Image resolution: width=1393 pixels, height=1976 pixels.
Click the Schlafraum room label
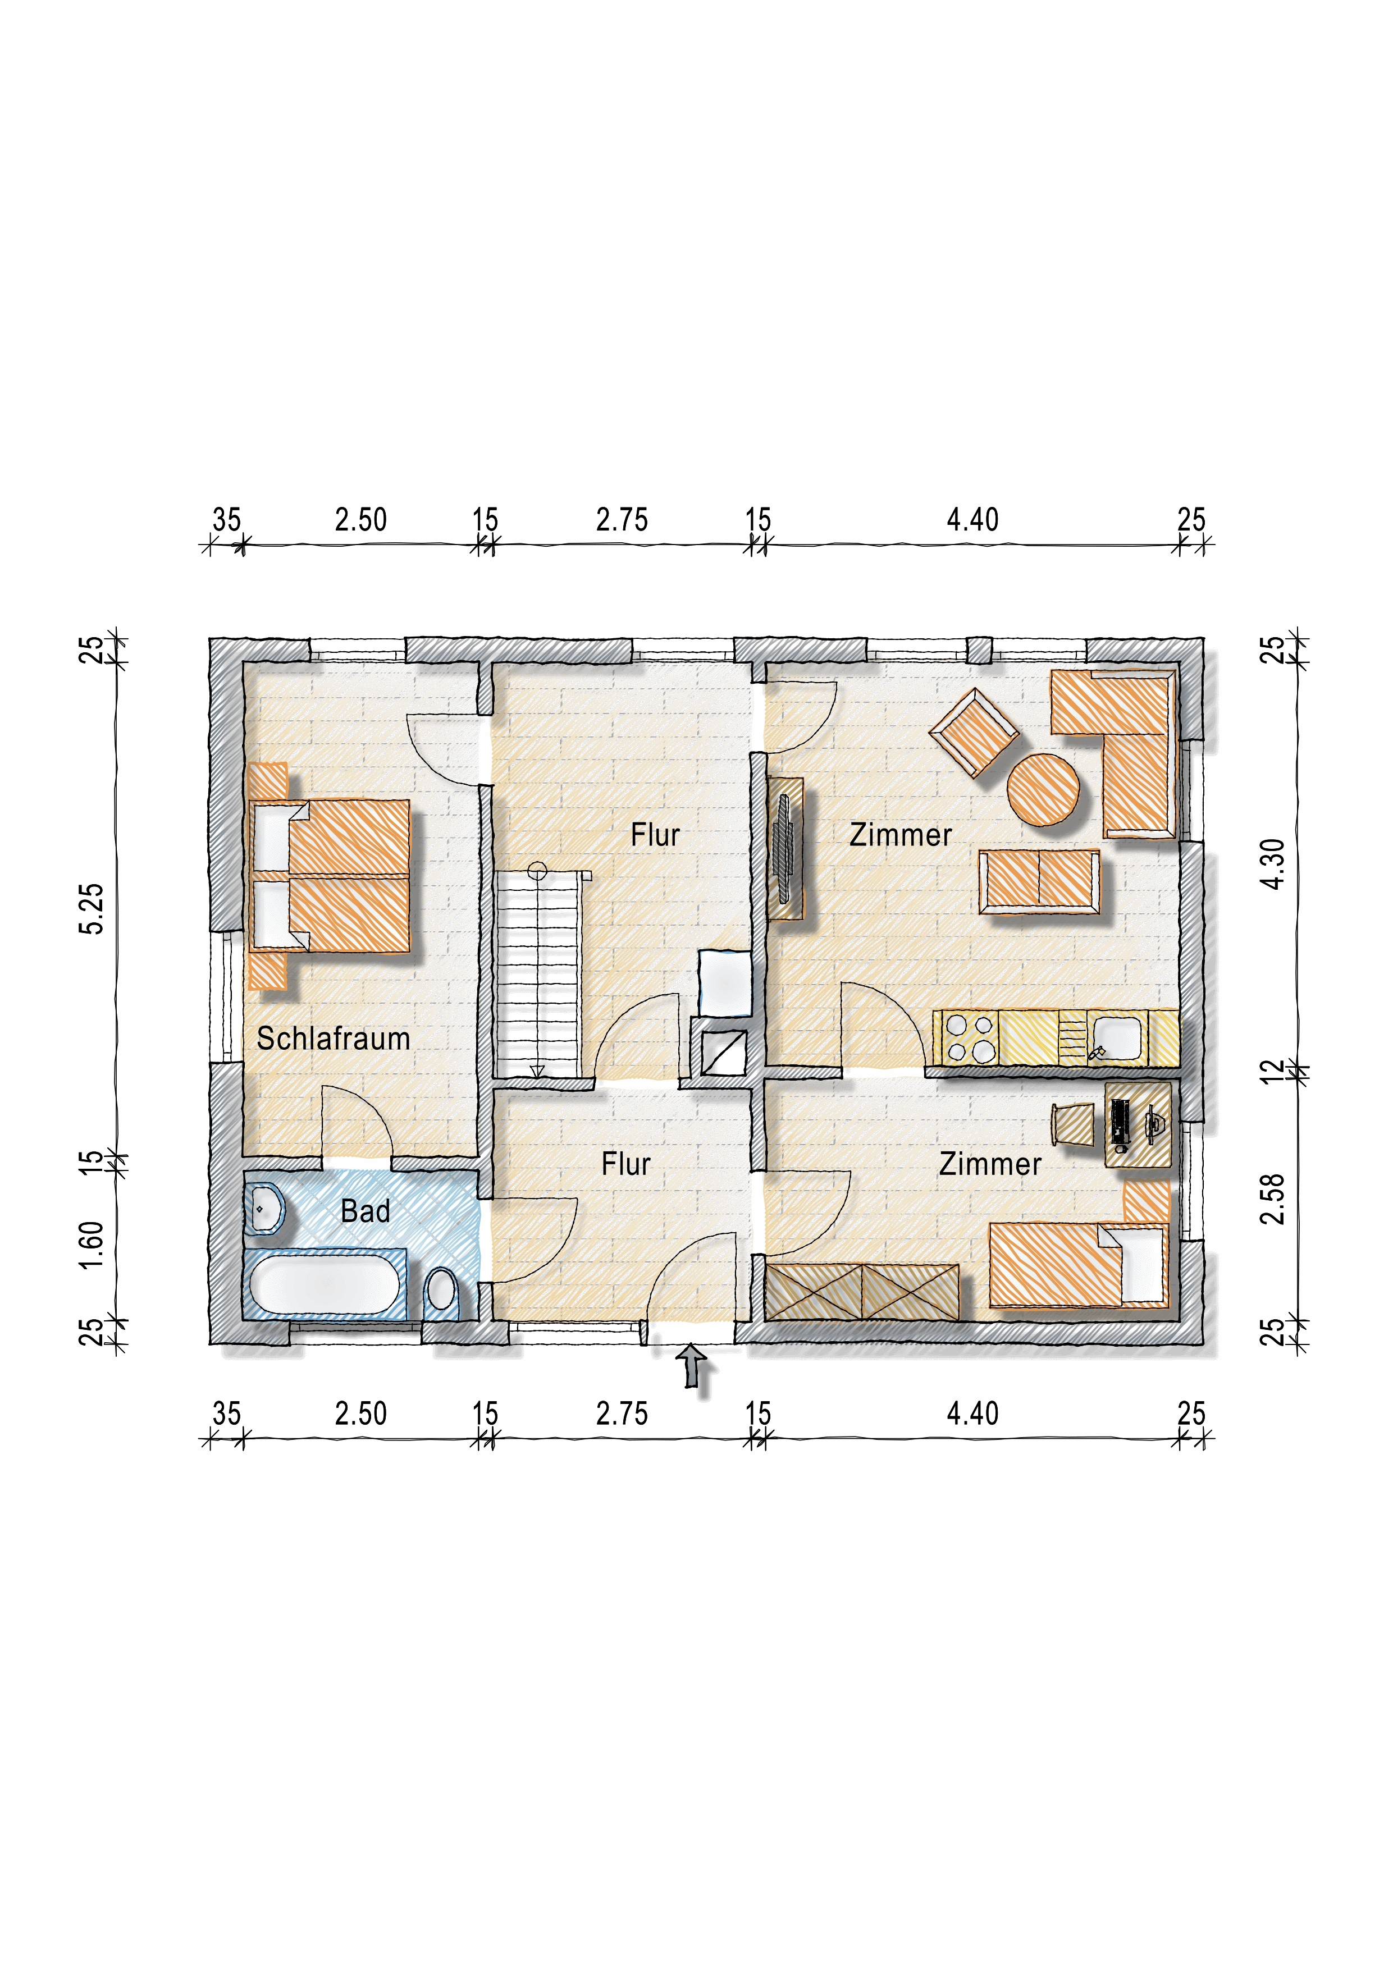[x=333, y=1038]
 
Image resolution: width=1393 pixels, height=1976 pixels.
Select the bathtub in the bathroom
[x=325, y=1284]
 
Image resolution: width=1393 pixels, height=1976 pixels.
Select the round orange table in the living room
[x=1043, y=789]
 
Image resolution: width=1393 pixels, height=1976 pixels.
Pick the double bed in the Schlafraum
[x=329, y=875]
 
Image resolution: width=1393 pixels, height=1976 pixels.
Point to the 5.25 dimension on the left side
[x=92, y=908]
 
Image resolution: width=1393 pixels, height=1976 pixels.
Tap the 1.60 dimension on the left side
[x=92, y=1245]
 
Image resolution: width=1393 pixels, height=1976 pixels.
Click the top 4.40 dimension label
[x=973, y=520]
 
